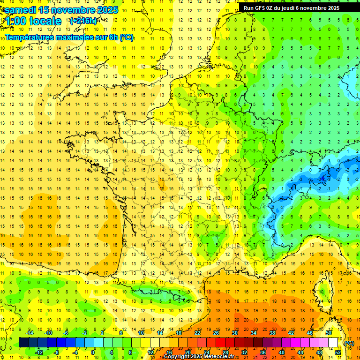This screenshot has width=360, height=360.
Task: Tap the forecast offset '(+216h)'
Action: [83, 21]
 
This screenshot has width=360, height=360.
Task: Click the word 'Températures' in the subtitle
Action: [30, 37]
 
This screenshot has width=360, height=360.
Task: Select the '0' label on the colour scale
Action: [93, 352]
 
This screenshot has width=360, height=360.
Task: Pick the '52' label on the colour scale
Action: [337, 352]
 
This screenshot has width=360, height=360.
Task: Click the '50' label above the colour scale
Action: [328, 333]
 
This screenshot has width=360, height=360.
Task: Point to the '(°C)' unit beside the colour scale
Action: [349, 343]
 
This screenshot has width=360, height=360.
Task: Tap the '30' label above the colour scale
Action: [234, 333]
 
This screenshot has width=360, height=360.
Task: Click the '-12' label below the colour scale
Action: [39, 352]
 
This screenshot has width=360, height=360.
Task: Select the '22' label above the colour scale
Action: [197, 333]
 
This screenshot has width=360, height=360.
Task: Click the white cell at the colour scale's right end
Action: [333, 343]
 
